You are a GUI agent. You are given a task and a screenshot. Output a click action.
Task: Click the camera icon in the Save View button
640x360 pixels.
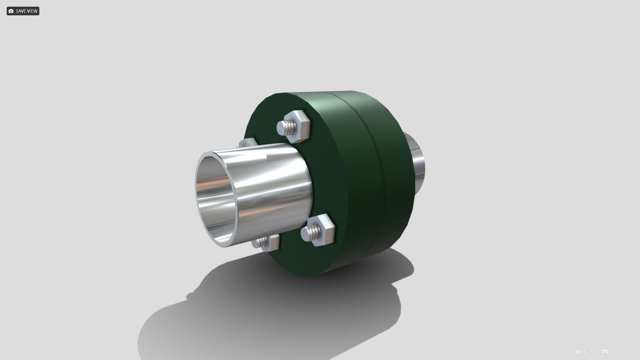click(x=11, y=11)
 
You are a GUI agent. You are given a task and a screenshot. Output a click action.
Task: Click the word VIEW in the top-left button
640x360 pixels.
click(x=32, y=11)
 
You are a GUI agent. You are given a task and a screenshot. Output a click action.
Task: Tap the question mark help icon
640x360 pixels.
click(x=565, y=352)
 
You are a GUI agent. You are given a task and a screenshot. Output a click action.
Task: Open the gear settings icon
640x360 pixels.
click(x=578, y=352)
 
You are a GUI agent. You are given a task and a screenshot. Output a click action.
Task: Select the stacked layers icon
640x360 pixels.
click(x=592, y=352)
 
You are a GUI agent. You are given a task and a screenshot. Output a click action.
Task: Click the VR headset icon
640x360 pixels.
click(x=605, y=352)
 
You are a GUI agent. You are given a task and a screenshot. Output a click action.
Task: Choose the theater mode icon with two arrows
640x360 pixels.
click(x=618, y=352)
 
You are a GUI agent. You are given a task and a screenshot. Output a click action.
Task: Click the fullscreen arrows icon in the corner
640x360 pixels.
click(x=631, y=352)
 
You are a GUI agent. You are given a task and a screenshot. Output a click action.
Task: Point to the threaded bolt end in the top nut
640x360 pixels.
click(x=286, y=127)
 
